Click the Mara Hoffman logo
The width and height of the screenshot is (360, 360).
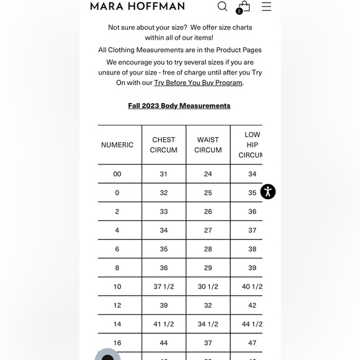137,6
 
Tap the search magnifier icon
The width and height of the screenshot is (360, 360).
222,6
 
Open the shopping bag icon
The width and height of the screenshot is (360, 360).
244,6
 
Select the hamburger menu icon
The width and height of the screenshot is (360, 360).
266,6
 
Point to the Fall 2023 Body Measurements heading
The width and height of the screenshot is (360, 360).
179,106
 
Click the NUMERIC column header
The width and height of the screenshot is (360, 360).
117,145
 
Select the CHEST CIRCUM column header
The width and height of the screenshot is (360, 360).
164,145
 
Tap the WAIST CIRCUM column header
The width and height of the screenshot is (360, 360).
208,145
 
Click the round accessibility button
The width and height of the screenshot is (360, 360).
268,191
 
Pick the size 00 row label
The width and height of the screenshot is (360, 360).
117,174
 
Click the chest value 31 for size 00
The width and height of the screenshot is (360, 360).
164,174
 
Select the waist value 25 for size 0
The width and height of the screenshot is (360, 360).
208,192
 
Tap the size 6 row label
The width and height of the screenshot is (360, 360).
117,249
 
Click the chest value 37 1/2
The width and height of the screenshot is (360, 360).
164,287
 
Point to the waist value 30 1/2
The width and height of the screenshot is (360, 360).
208,287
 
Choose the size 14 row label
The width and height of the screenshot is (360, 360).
117,324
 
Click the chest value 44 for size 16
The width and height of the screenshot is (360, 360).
164,343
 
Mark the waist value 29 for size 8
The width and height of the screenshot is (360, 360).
208,268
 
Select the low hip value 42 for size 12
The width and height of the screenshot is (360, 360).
252,305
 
